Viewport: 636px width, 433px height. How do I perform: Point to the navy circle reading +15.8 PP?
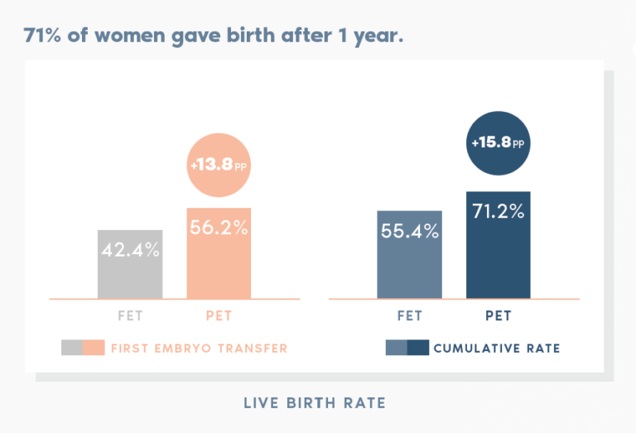498,143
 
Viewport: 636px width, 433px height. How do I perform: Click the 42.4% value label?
130,250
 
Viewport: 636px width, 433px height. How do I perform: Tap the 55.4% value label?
409,232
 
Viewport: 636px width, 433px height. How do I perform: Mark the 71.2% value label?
498,212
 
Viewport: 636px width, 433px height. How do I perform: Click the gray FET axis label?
130,316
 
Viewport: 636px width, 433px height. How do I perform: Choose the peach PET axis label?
219,316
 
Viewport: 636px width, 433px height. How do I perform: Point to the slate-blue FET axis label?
409,316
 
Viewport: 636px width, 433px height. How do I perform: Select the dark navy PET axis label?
498,316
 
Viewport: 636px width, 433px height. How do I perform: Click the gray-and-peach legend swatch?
83,348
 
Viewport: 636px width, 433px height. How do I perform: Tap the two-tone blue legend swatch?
407,348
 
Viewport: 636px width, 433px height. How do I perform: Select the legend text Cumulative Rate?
496,349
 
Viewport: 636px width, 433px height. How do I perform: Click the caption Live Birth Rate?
315,403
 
